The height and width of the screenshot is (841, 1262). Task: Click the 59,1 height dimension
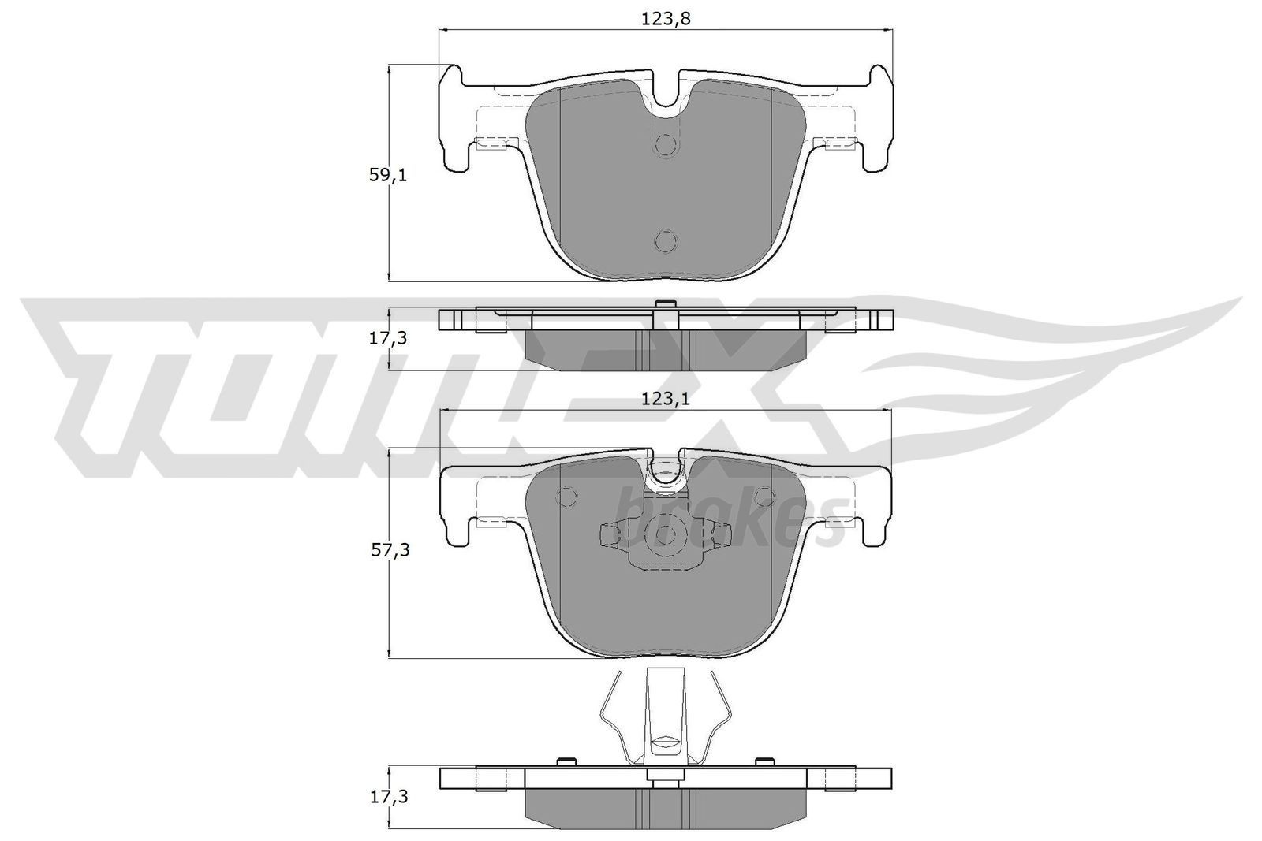387,175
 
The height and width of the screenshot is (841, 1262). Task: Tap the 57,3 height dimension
389,551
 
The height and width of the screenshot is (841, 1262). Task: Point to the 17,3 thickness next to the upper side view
389,338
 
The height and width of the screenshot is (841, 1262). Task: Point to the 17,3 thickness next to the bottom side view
389,797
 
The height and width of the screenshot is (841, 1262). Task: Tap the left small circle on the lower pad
566,497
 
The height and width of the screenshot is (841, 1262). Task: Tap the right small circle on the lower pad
764,497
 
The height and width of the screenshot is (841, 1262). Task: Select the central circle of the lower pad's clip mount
664,536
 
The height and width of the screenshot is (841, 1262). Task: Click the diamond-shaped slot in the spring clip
666,742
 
